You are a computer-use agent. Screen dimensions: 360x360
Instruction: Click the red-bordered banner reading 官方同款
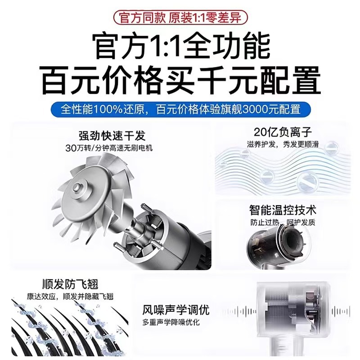click(180, 18)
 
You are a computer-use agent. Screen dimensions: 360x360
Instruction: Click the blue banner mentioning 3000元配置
click(180, 109)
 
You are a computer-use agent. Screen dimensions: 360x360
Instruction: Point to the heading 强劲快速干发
click(112, 135)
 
